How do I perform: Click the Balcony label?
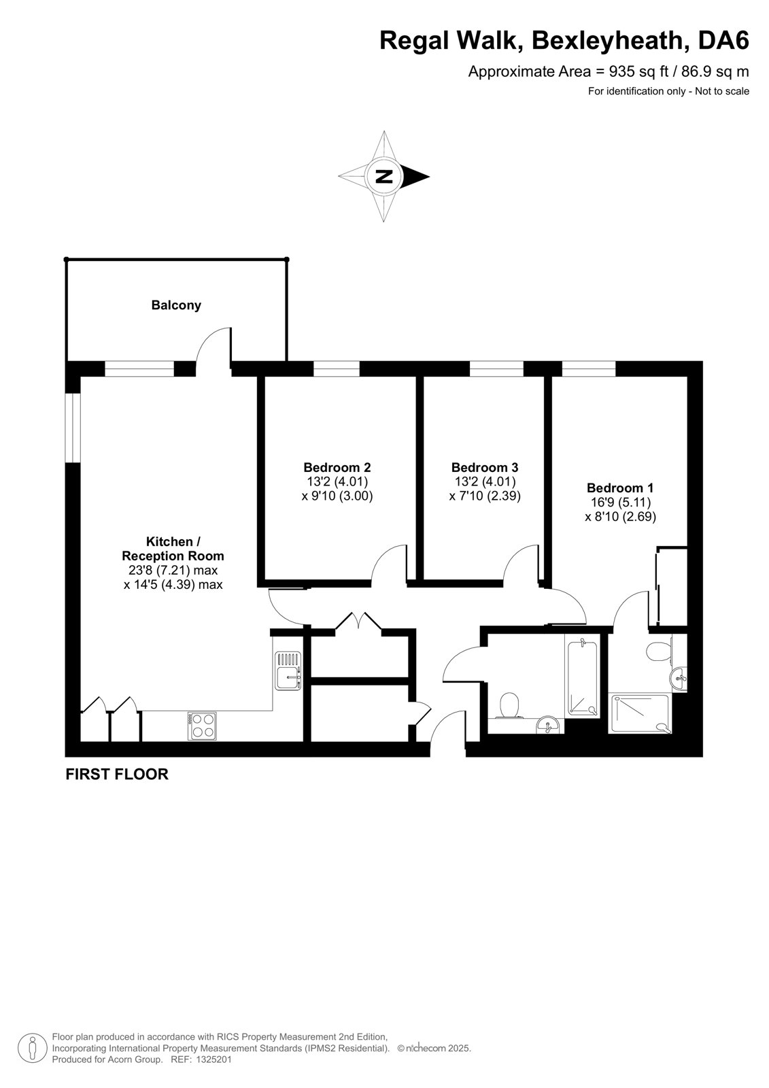tap(176, 305)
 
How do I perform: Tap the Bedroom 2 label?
tap(337, 467)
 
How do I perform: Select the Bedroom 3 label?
tap(485, 467)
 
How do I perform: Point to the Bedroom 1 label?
tap(620, 488)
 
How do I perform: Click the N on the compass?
tap(384, 176)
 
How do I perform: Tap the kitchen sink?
tap(288, 670)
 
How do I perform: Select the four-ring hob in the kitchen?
tap(202, 726)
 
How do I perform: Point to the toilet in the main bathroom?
tap(509, 704)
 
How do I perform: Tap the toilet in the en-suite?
tap(660, 651)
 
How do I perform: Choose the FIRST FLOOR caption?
tap(117, 775)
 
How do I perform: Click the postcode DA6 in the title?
tap(723, 40)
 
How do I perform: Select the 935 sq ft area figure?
tap(633, 72)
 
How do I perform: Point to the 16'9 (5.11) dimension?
tap(621, 503)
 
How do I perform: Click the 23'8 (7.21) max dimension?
tap(173, 570)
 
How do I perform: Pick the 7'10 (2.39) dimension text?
tap(485, 496)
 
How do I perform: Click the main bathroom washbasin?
tap(549, 725)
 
